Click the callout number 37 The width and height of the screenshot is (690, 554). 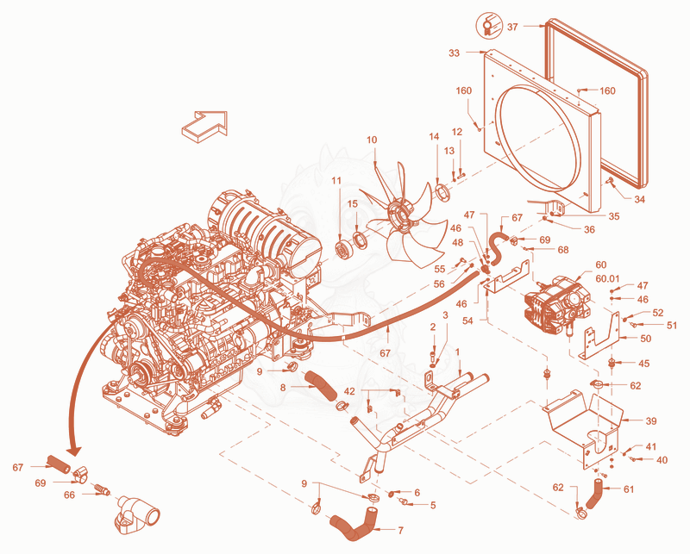coord(512,27)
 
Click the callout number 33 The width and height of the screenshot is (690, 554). coord(455,53)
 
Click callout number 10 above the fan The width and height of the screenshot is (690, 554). coord(372,140)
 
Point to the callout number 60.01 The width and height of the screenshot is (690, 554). coord(607,278)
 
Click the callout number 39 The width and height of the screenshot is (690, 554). coord(651,420)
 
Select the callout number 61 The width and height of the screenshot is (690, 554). coord(629,489)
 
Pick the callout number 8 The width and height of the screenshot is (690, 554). coord(283,388)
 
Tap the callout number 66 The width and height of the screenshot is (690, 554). coord(70,495)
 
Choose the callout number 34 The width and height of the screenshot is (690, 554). coord(639,199)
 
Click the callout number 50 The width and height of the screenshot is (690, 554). coord(646,339)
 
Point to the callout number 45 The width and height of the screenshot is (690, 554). coord(643,364)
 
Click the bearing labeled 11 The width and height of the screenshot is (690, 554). coord(342,250)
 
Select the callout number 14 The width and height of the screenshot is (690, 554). coord(435,137)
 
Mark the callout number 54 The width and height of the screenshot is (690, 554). coord(467,321)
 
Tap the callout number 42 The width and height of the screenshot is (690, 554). coord(349,391)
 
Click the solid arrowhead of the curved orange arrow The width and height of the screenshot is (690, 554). coord(75,451)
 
